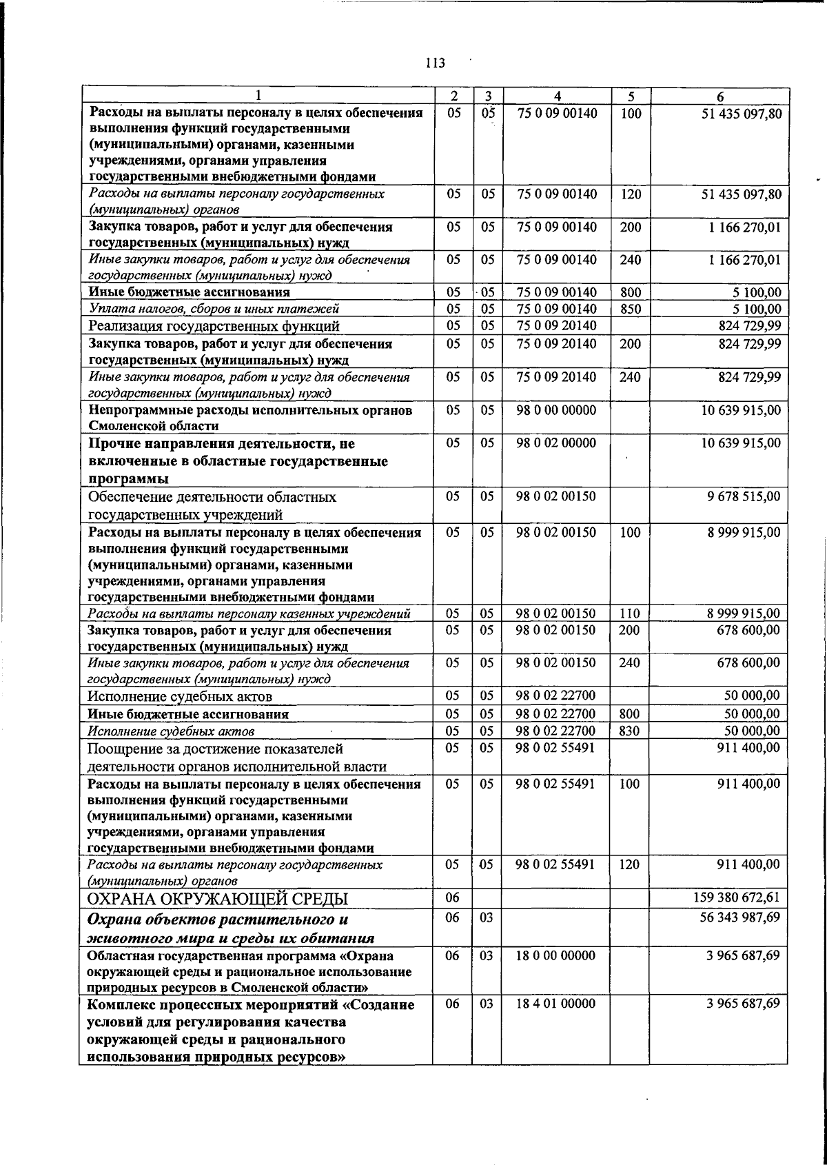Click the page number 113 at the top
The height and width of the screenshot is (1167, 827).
click(x=435, y=63)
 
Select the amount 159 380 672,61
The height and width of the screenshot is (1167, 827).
click(x=741, y=897)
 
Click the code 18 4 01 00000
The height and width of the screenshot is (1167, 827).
click(x=556, y=1004)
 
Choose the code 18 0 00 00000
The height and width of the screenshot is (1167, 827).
click(x=556, y=955)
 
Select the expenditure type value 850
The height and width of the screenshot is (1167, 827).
click(x=630, y=309)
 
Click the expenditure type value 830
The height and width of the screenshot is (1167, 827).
click(x=630, y=731)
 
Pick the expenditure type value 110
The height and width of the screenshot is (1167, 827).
click(x=630, y=613)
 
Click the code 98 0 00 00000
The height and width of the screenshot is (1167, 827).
click(x=556, y=410)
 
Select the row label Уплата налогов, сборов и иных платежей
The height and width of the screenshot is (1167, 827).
click(x=214, y=309)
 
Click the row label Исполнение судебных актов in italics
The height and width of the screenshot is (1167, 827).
click(x=172, y=731)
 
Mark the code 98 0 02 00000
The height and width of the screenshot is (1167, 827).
click(x=556, y=443)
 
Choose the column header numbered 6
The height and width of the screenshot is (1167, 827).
click(x=719, y=97)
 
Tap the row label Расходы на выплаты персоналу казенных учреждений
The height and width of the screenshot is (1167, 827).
click(x=249, y=614)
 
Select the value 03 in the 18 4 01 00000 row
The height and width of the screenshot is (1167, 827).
click(x=487, y=1004)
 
